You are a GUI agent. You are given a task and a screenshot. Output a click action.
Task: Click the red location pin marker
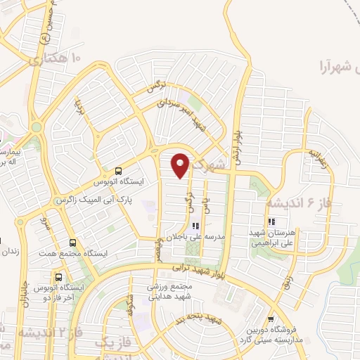coord(181,165)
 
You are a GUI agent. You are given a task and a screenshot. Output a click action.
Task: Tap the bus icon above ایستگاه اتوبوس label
coord(117,170)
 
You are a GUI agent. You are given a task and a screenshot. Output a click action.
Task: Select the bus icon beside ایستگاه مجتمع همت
coord(73,238)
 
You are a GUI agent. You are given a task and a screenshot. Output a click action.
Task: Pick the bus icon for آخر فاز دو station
coord(58,276)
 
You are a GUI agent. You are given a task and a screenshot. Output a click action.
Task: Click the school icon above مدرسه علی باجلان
coord(195,226)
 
